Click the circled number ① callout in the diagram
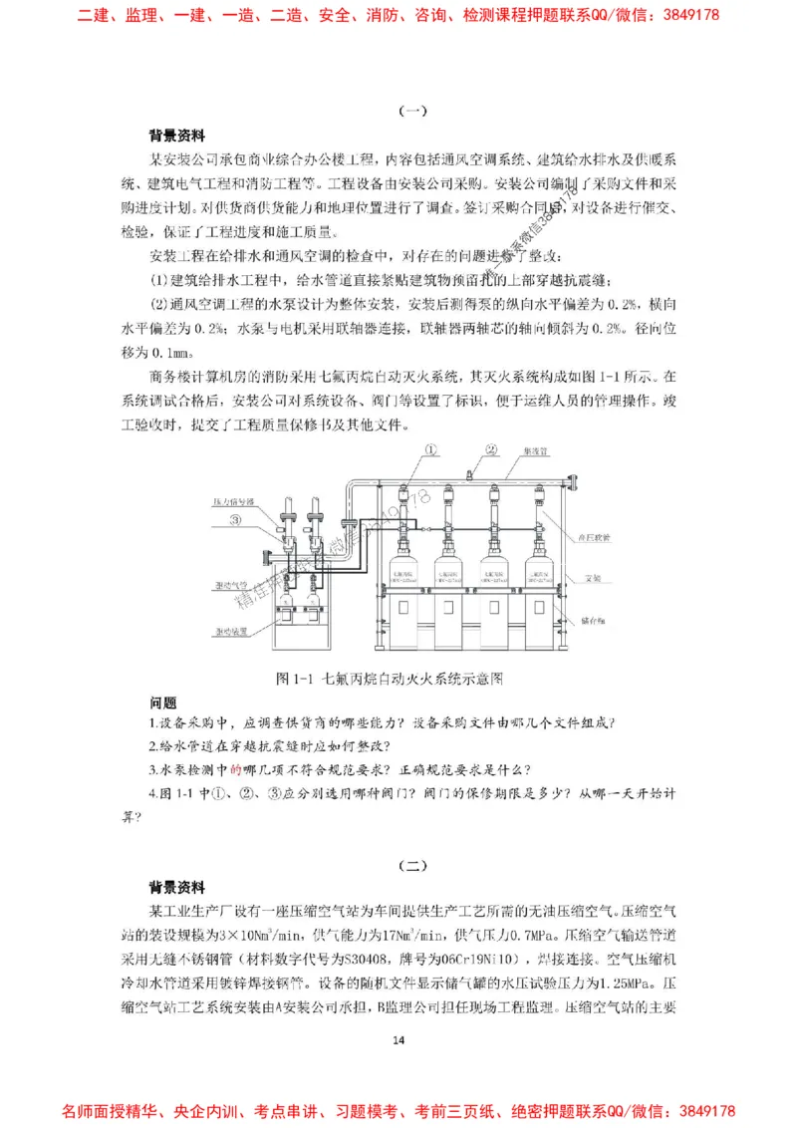[430, 450]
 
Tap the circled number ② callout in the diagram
[490, 450]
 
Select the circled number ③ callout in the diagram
[236, 519]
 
